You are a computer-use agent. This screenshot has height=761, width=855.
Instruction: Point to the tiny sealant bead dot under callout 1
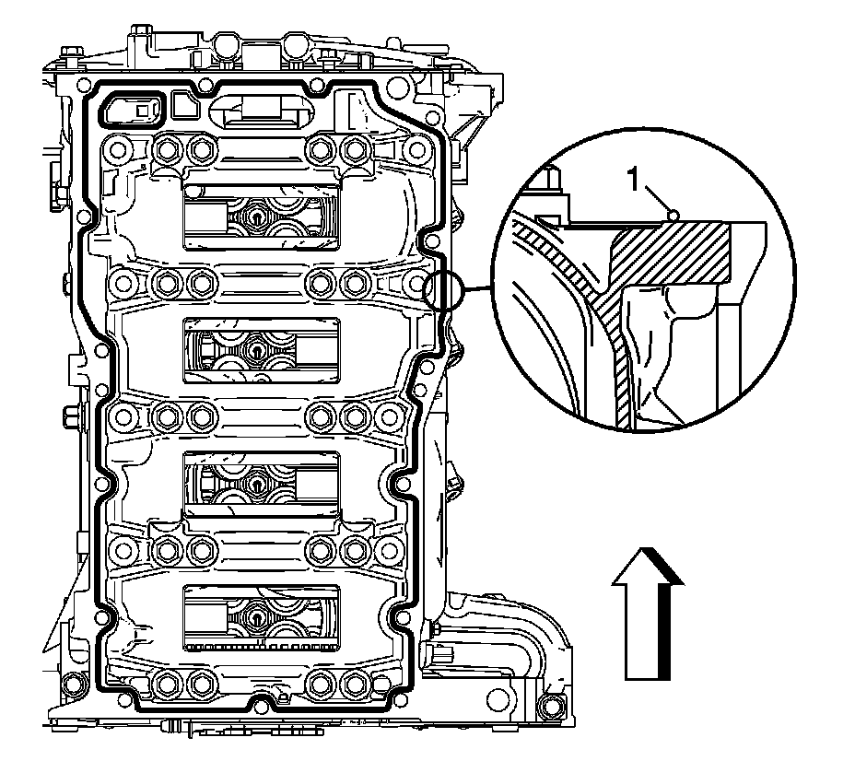pyautogui.click(x=674, y=215)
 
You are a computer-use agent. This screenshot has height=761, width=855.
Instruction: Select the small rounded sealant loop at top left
pyautogui.click(x=133, y=110)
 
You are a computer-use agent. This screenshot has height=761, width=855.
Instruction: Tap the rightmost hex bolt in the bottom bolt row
pyautogui.click(x=352, y=685)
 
